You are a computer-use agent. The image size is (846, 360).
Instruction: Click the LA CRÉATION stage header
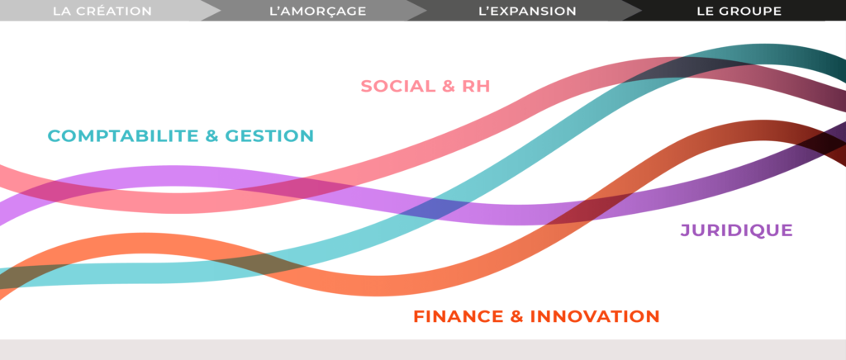click(102, 11)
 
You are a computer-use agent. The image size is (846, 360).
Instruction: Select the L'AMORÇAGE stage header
click(317, 11)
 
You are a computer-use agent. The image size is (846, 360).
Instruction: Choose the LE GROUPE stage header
click(739, 11)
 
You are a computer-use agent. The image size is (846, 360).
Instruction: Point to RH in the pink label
click(476, 86)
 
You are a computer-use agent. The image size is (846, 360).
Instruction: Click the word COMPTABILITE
click(122, 135)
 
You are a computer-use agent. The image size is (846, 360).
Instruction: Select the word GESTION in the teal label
click(269, 135)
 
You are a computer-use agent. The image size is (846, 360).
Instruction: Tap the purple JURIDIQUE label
click(736, 230)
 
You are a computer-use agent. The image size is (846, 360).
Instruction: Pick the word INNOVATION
click(595, 316)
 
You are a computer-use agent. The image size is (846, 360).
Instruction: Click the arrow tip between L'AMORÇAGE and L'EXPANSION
click(426, 10)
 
